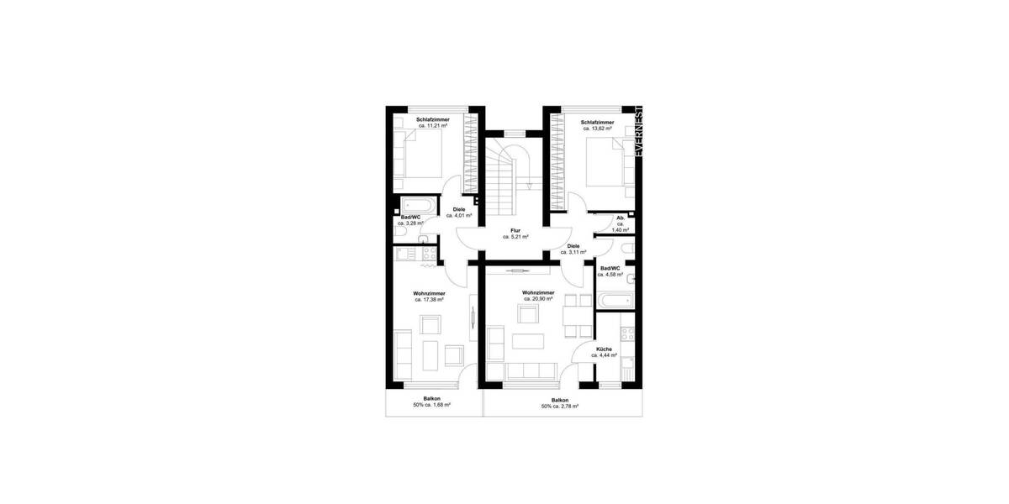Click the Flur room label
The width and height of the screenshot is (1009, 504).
click(x=515, y=230)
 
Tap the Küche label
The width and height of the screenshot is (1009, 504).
click(x=604, y=349)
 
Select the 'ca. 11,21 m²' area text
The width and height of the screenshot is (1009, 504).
click(x=432, y=126)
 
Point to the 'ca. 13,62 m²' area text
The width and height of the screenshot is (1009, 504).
click(x=597, y=129)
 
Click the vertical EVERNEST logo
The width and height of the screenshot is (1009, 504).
click(x=639, y=133)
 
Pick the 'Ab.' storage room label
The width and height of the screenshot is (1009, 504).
click(x=620, y=218)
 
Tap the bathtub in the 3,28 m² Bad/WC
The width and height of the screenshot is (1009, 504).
click(x=418, y=205)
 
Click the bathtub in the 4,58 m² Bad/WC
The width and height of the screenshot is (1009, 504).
click(x=614, y=299)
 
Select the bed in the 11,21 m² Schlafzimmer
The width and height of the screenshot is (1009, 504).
click(x=420, y=160)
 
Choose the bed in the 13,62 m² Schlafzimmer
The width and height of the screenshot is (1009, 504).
click(x=606, y=163)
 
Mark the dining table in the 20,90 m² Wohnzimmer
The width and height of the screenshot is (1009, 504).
click(x=577, y=314)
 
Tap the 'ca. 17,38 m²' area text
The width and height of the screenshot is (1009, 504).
click(x=429, y=299)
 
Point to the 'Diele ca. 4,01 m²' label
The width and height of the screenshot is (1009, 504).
click(x=459, y=213)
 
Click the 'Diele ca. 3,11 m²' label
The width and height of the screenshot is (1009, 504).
click(x=573, y=249)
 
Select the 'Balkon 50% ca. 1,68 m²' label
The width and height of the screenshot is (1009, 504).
click(x=431, y=402)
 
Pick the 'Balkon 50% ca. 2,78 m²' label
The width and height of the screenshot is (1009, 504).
click(x=560, y=403)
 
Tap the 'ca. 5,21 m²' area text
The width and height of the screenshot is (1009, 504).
click(x=515, y=237)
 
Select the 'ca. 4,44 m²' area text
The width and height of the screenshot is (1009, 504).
click(x=604, y=355)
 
